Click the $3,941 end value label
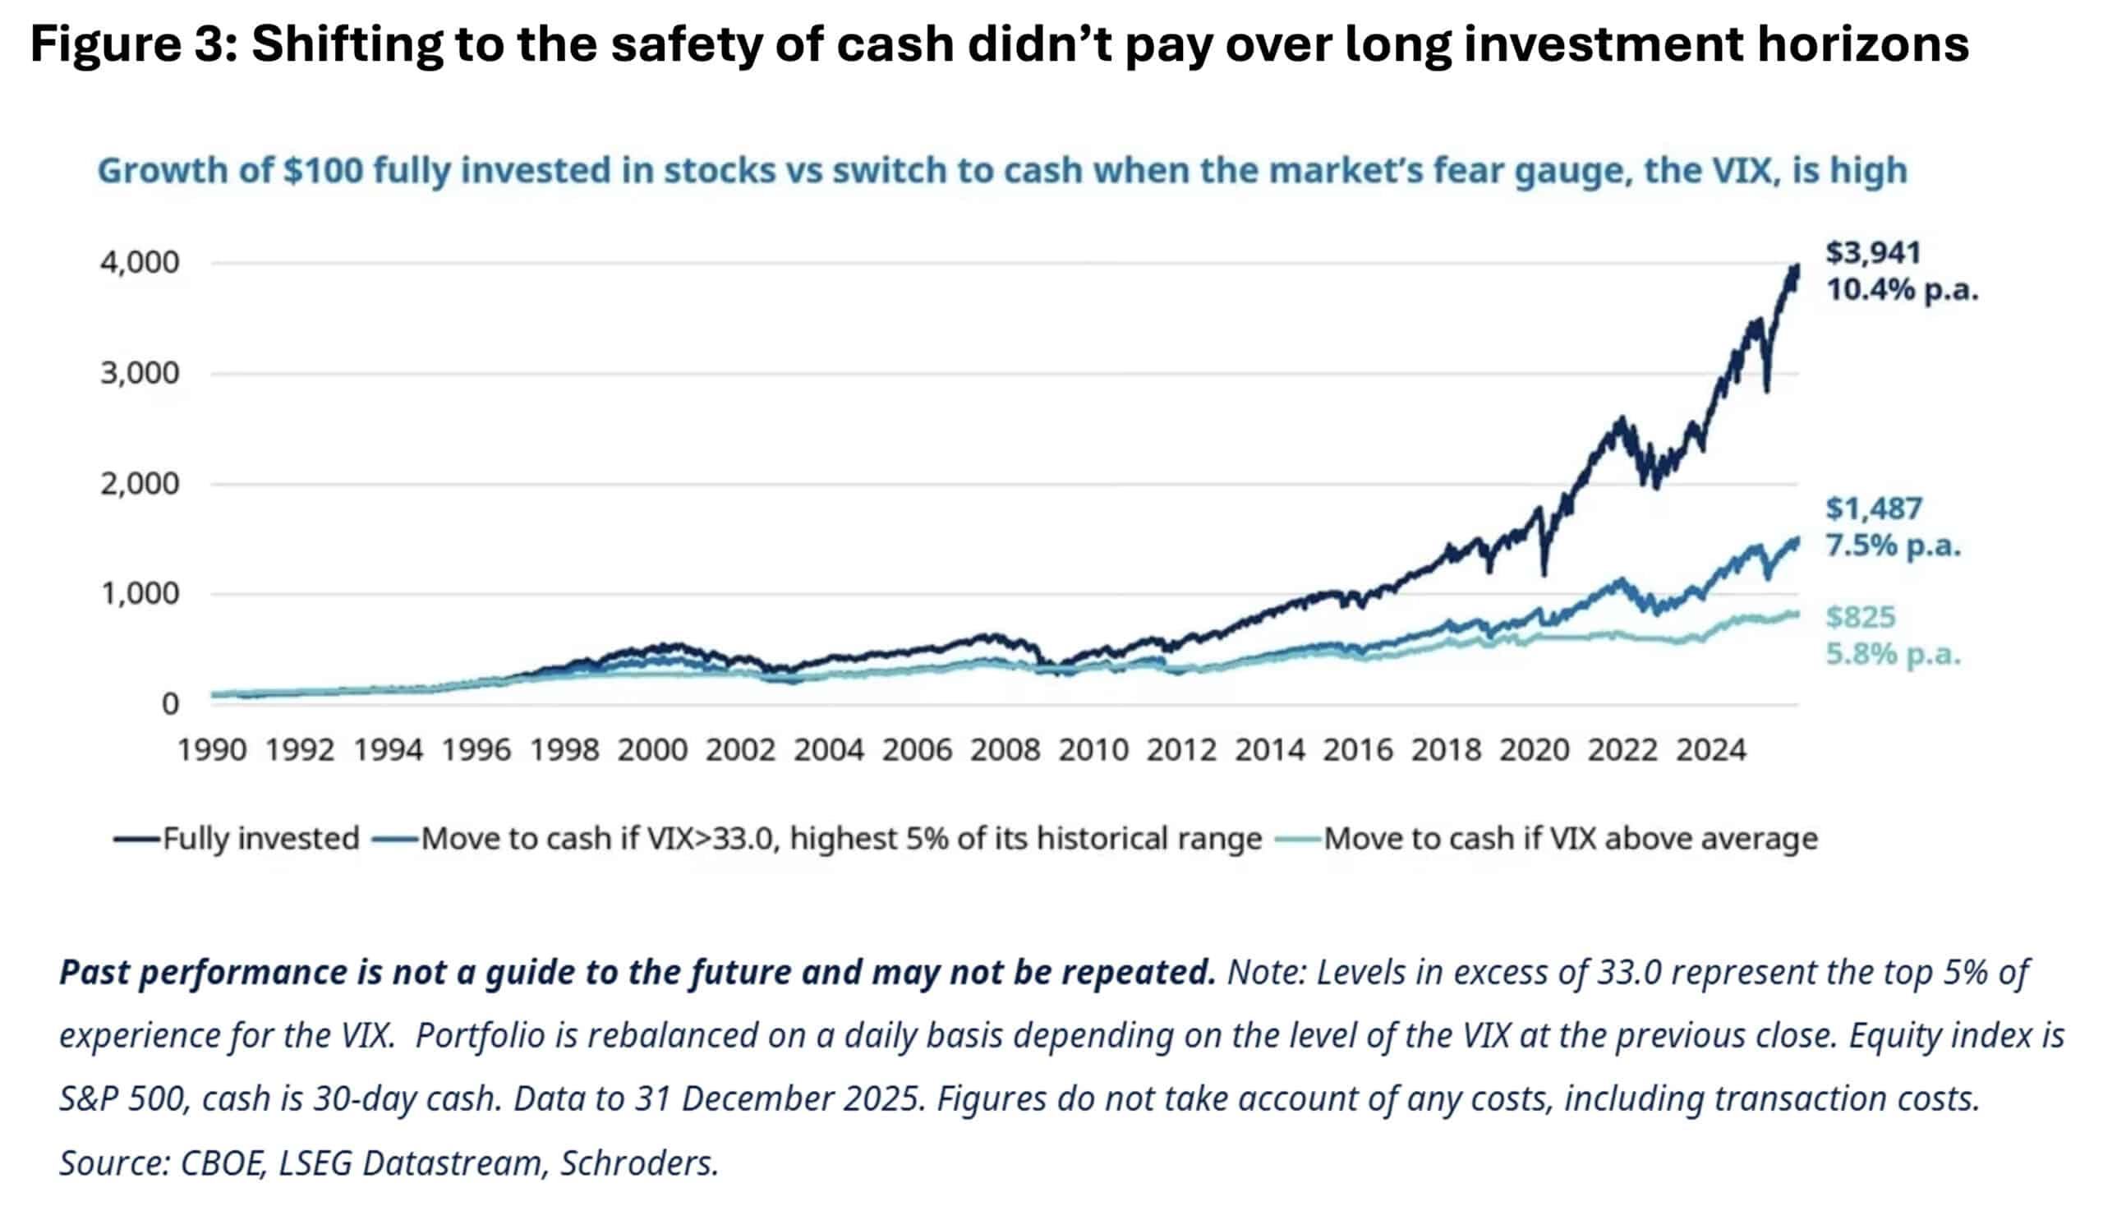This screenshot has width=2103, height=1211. pyautogui.click(x=1874, y=253)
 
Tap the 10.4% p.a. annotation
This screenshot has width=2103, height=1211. pyautogui.click(x=1902, y=290)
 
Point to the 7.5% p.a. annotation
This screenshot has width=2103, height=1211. pyautogui.click(x=1893, y=546)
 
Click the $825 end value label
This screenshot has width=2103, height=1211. pyautogui.click(x=1860, y=617)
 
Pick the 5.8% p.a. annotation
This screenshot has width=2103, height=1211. pyautogui.click(x=1893, y=655)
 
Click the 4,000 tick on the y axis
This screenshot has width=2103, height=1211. pyautogui.click(x=140, y=263)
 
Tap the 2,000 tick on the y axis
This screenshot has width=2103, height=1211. pyautogui.click(x=140, y=483)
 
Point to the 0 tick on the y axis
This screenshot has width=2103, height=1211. pyautogui.click(x=170, y=704)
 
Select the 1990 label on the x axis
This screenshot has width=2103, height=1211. pyautogui.click(x=211, y=750)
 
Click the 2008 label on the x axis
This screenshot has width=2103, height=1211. pyautogui.click(x=1005, y=750)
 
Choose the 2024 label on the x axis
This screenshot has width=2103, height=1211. pyautogui.click(x=1710, y=750)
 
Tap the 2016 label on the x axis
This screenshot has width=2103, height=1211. pyautogui.click(x=1357, y=750)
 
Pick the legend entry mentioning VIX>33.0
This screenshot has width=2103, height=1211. pyautogui.click(x=840, y=838)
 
